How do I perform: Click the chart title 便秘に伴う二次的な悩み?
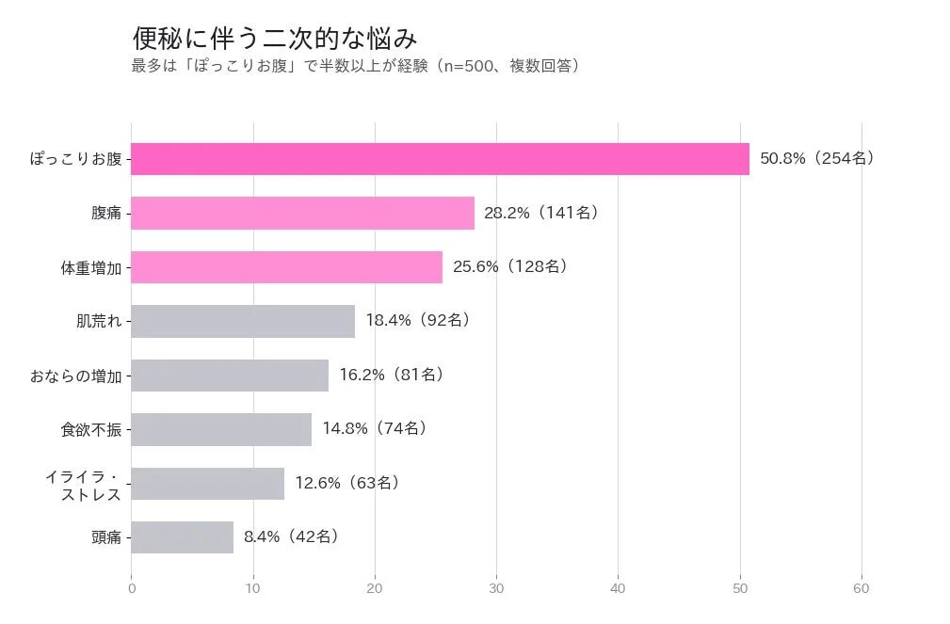pos(274,39)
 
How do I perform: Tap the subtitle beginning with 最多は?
pos(355,66)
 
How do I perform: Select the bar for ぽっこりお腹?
pos(440,159)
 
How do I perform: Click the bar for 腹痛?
pos(302,213)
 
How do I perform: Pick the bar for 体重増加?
pos(286,267)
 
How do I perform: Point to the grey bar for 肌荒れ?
pos(243,321)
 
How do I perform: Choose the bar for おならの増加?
pos(230,376)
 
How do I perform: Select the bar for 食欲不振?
pos(221,429)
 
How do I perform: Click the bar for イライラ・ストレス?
pos(207,484)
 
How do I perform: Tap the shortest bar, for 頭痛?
pos(182,537)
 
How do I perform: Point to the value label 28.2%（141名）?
pos(542,213)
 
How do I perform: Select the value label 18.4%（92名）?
pos(418,320)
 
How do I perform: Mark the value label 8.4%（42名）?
pos(292,536)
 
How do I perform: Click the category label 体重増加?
pos(91,268)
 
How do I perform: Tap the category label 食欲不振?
pos(91,430)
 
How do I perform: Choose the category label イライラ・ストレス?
pos(83,485)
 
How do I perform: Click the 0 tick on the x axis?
pos(131,589)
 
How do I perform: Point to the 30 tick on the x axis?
pos(496,589)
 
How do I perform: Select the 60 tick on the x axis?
pos(861,589)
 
